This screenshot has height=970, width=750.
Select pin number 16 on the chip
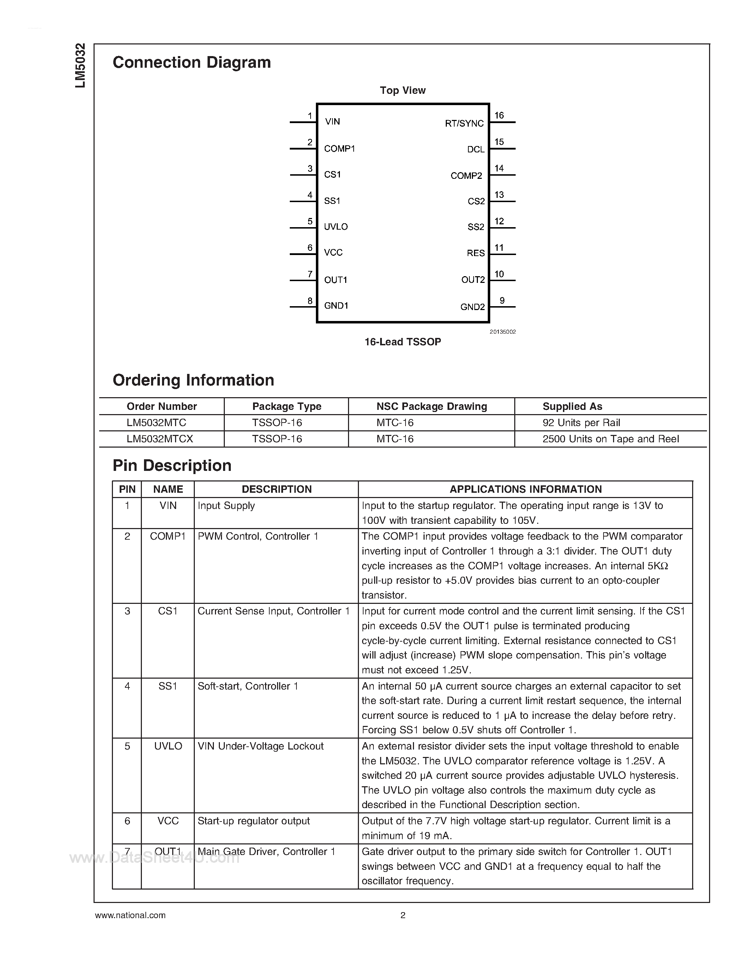499,115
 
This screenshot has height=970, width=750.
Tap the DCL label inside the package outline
475,150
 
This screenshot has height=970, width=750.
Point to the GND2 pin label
472,307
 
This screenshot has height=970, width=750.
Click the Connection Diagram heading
192,63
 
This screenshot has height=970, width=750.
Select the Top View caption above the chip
403,91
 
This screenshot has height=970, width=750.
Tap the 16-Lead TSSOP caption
403,342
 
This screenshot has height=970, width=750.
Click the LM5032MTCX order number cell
160,439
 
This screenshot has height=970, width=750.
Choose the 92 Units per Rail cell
581,423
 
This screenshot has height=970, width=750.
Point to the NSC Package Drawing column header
431,406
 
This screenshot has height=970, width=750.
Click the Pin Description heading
172,466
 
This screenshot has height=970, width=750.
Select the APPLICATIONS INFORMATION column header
526,490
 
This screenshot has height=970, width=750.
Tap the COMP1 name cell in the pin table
168,536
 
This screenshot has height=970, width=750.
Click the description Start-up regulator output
253,821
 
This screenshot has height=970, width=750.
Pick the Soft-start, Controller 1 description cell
247,686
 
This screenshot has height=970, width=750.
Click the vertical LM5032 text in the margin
80,66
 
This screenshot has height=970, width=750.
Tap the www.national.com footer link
130,915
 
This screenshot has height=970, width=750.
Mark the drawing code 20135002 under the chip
503,332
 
